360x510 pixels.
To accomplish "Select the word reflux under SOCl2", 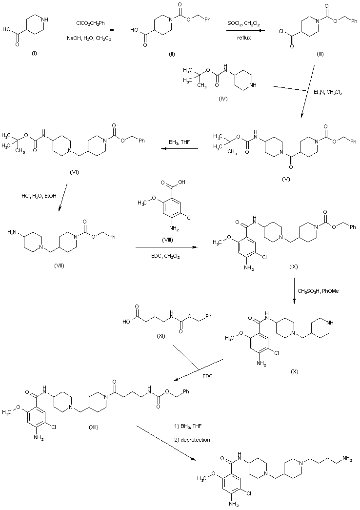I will point(244,37).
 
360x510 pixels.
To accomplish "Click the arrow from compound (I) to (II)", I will point(89,30).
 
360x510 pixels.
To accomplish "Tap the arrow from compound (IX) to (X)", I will point(294,291).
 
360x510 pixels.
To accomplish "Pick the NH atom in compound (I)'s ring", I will point(45,20).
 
